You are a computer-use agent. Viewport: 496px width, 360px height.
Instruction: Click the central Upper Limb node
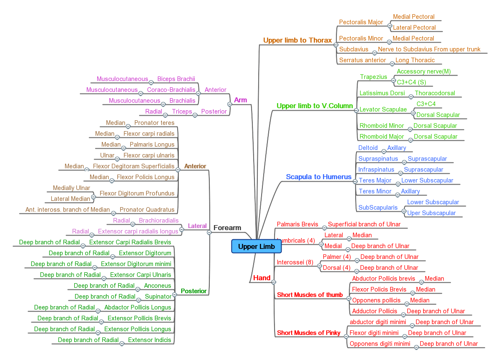coord(256,246)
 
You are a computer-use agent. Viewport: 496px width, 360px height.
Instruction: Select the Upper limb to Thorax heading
coord(297,41)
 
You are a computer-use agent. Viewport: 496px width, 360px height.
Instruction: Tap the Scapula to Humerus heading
coord(318,177)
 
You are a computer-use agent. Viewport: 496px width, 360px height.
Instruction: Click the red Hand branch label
coord(262,278)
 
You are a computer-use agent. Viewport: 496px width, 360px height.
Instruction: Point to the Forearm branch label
coord(227,228)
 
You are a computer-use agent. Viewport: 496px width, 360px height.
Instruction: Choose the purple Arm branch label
coord(240,100)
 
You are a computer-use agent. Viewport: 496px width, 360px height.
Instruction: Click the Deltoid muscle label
coord(368,148)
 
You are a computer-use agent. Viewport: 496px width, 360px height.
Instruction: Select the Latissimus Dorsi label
coord(382,93)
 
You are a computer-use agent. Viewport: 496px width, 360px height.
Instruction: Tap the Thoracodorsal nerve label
coord(435,93)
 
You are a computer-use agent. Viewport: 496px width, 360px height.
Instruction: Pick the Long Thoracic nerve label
coord(415,60)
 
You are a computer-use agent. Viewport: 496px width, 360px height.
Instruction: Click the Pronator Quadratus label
coord(147,210)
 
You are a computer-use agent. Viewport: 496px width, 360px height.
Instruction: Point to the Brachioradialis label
coord(158,221)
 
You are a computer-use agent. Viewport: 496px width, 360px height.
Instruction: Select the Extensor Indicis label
coord(149,340)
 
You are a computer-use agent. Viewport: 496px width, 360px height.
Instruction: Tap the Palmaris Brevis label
coord(297,224)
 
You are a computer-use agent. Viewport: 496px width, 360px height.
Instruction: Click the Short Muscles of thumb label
coord(310,295)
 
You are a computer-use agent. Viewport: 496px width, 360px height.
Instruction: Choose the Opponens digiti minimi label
coord(380,344)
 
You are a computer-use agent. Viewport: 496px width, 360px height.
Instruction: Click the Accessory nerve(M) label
coord(423,71)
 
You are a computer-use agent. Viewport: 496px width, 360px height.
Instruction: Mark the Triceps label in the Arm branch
coord(182,112)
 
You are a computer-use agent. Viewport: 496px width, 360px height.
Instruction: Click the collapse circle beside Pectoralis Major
coord(389,25)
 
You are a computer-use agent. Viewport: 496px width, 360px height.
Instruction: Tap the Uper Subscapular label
coord(431,213)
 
